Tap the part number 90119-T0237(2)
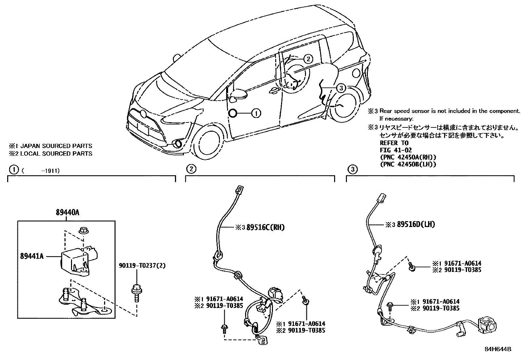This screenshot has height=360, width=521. click(x=142, y=265)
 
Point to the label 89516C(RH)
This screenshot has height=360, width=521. click(x=265, y=227)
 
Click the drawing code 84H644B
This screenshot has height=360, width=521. click(x=498, y=349)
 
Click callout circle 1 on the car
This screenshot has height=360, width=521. click(x=256, y=113)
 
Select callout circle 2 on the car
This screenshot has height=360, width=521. click(x=308, y=59)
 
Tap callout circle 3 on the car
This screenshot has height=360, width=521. click(x=341, y=88)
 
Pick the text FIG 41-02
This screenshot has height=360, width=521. click(x=395, y=150)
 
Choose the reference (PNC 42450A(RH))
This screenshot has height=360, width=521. click(x=408, y=157)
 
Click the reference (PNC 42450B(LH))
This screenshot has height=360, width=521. click(x=408, y=164)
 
